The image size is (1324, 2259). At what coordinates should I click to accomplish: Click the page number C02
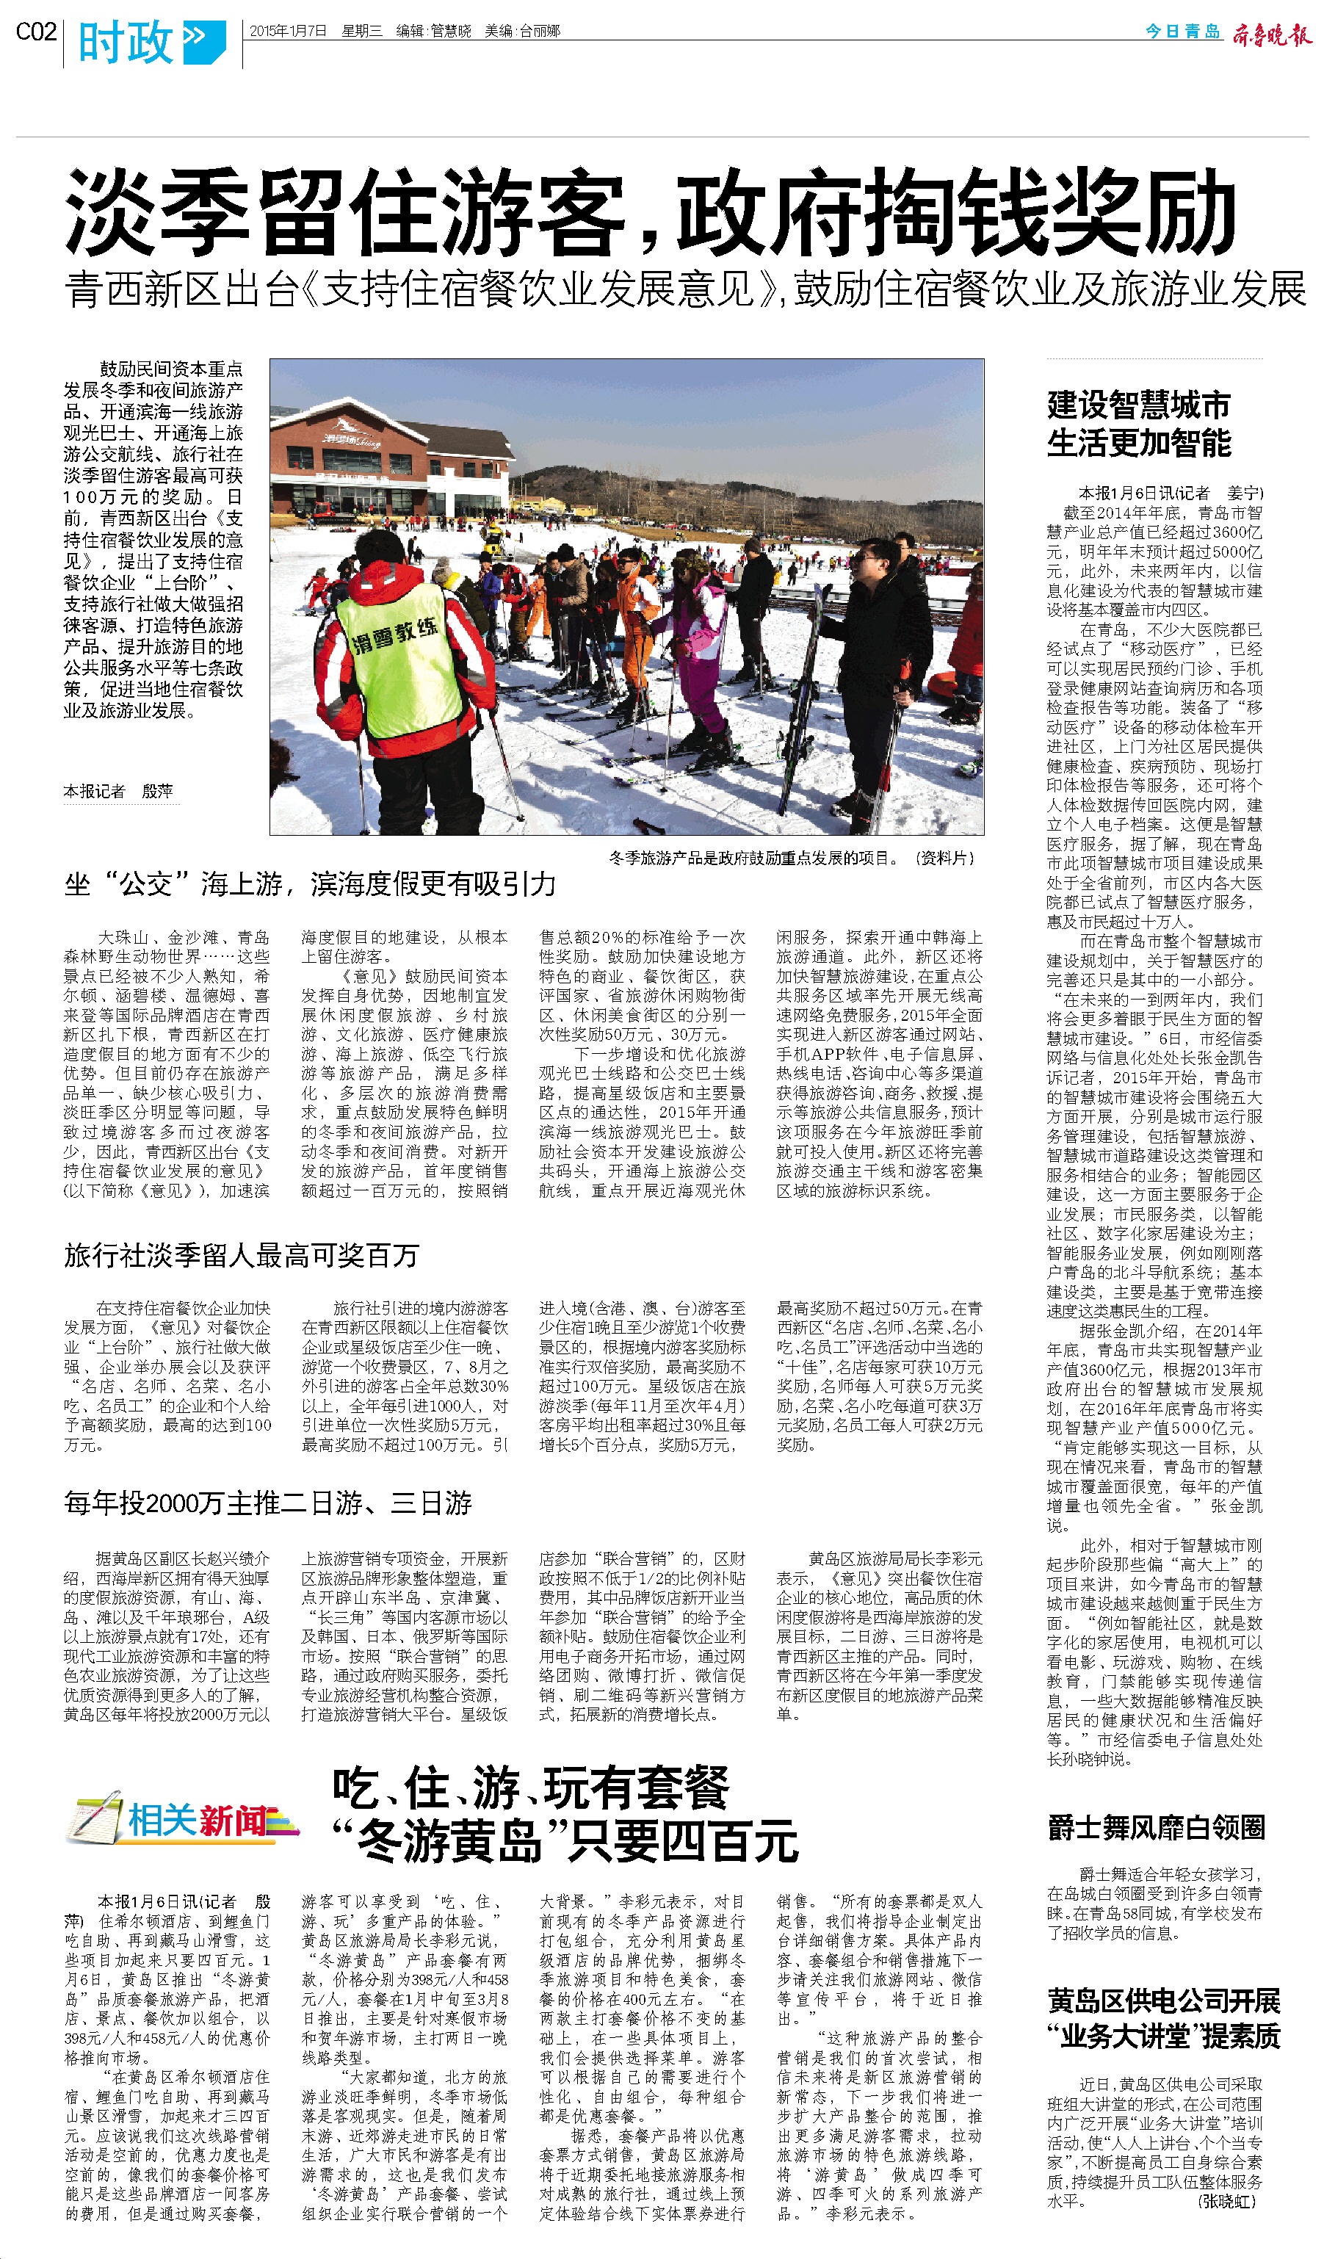(x=36, y=32)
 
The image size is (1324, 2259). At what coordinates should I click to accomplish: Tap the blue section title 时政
(x=126, y=42)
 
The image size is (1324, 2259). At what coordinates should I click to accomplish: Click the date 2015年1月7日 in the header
(x=288, y=32)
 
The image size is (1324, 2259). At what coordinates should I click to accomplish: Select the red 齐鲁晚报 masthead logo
(x=1270, y=34)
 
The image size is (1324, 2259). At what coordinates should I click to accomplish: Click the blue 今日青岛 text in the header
(x=1182, y=32)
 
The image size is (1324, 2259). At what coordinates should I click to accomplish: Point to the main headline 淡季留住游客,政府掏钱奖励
(x=650, y=214)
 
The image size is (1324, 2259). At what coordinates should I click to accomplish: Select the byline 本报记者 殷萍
(x=117, y=791)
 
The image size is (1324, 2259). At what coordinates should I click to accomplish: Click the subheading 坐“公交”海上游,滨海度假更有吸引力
(x=310, y=885)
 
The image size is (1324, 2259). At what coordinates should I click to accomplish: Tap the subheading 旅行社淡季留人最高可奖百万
(x=241, y=1255)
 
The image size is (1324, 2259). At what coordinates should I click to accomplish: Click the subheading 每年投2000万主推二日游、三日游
(x=268, y=1503)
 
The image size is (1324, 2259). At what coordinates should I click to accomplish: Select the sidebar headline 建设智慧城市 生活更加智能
(x=1138, y=423)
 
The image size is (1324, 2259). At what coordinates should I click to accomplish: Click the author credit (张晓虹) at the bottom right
(x=1226, y=2201)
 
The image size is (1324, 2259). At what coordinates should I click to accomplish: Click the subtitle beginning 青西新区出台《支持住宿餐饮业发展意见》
(x=685, y=289)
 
